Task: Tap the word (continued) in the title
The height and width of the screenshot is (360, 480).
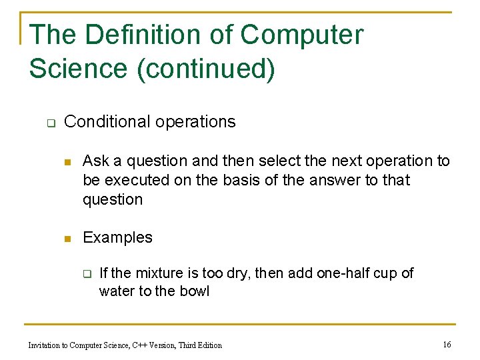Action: click(205, 69)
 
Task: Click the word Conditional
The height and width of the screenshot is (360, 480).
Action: click(107, 121)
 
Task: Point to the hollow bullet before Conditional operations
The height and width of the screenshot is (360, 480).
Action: click(49, 123)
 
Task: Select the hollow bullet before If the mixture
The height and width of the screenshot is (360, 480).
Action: click(86, 273)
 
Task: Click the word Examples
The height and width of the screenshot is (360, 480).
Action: click(117, 237)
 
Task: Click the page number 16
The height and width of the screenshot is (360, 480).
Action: click(447, 345)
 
